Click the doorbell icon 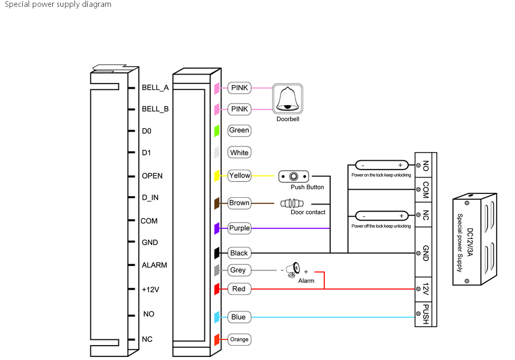click(287, 98)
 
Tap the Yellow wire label click(239, 176)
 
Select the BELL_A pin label click(155, 88)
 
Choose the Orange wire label click(239, 339)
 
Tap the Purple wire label click(239, 228)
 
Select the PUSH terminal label click(426, 314)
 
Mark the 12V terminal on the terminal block click(426, 289)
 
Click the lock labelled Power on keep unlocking click(381, 165)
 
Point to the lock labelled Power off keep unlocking click(381, 216)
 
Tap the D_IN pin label click(150, 198)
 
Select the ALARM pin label click(154, 265)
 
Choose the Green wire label click(239, 130)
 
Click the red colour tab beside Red click(217, 289)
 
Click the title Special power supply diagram click(58, 5)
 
